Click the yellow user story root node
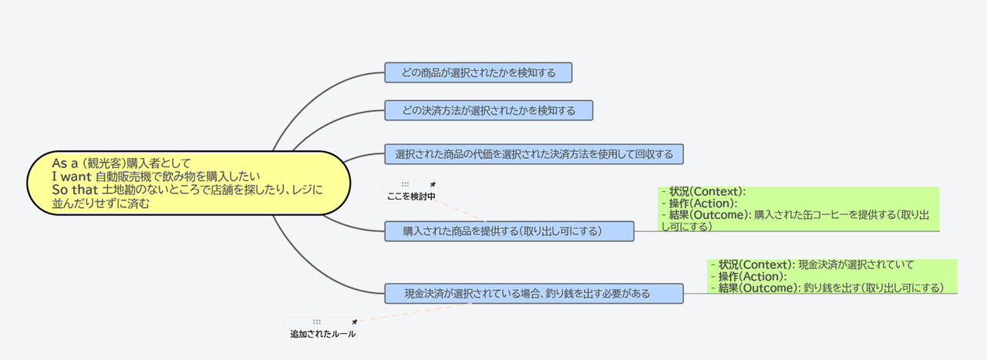click(189, 183)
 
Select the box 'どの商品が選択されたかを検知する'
click(478, 72)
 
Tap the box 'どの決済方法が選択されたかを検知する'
click(489, 110)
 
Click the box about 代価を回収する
click(534, 154)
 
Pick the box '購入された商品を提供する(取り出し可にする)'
click(510, 231)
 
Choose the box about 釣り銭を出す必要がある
click(534, 294)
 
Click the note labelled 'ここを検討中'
click(409, 191)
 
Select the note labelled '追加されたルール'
click(322, 328)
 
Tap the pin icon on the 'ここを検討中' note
click(433, 184)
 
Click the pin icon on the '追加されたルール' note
click(354, 322)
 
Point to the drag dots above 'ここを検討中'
click(405, 184)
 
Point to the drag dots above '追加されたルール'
click(317, 321)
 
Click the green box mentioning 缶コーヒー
click(799, 210)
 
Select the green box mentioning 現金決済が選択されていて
click(832, 277)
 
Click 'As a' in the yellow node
click(65, 163)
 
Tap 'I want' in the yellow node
click(72, 177)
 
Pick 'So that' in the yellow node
click(75, 190)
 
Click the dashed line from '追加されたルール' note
click(415, 312)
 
